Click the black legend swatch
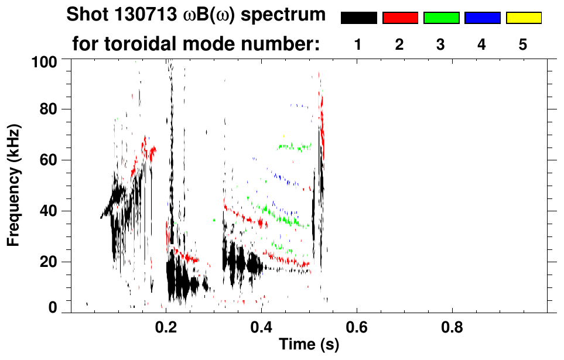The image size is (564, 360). (x=359, y=18)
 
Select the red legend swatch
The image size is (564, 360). (x=400, y=18)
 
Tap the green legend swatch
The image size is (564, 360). (x=441, y=18)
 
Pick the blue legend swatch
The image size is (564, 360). (x=482, y=18)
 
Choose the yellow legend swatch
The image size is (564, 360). (x=523, y=18)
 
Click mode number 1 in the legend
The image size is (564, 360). (x=358, y=44)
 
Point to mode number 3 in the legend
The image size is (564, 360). (x=440, y=44)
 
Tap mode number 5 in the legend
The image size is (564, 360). (x=523, y=44)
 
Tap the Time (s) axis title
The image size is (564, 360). (x=309, y=345)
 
